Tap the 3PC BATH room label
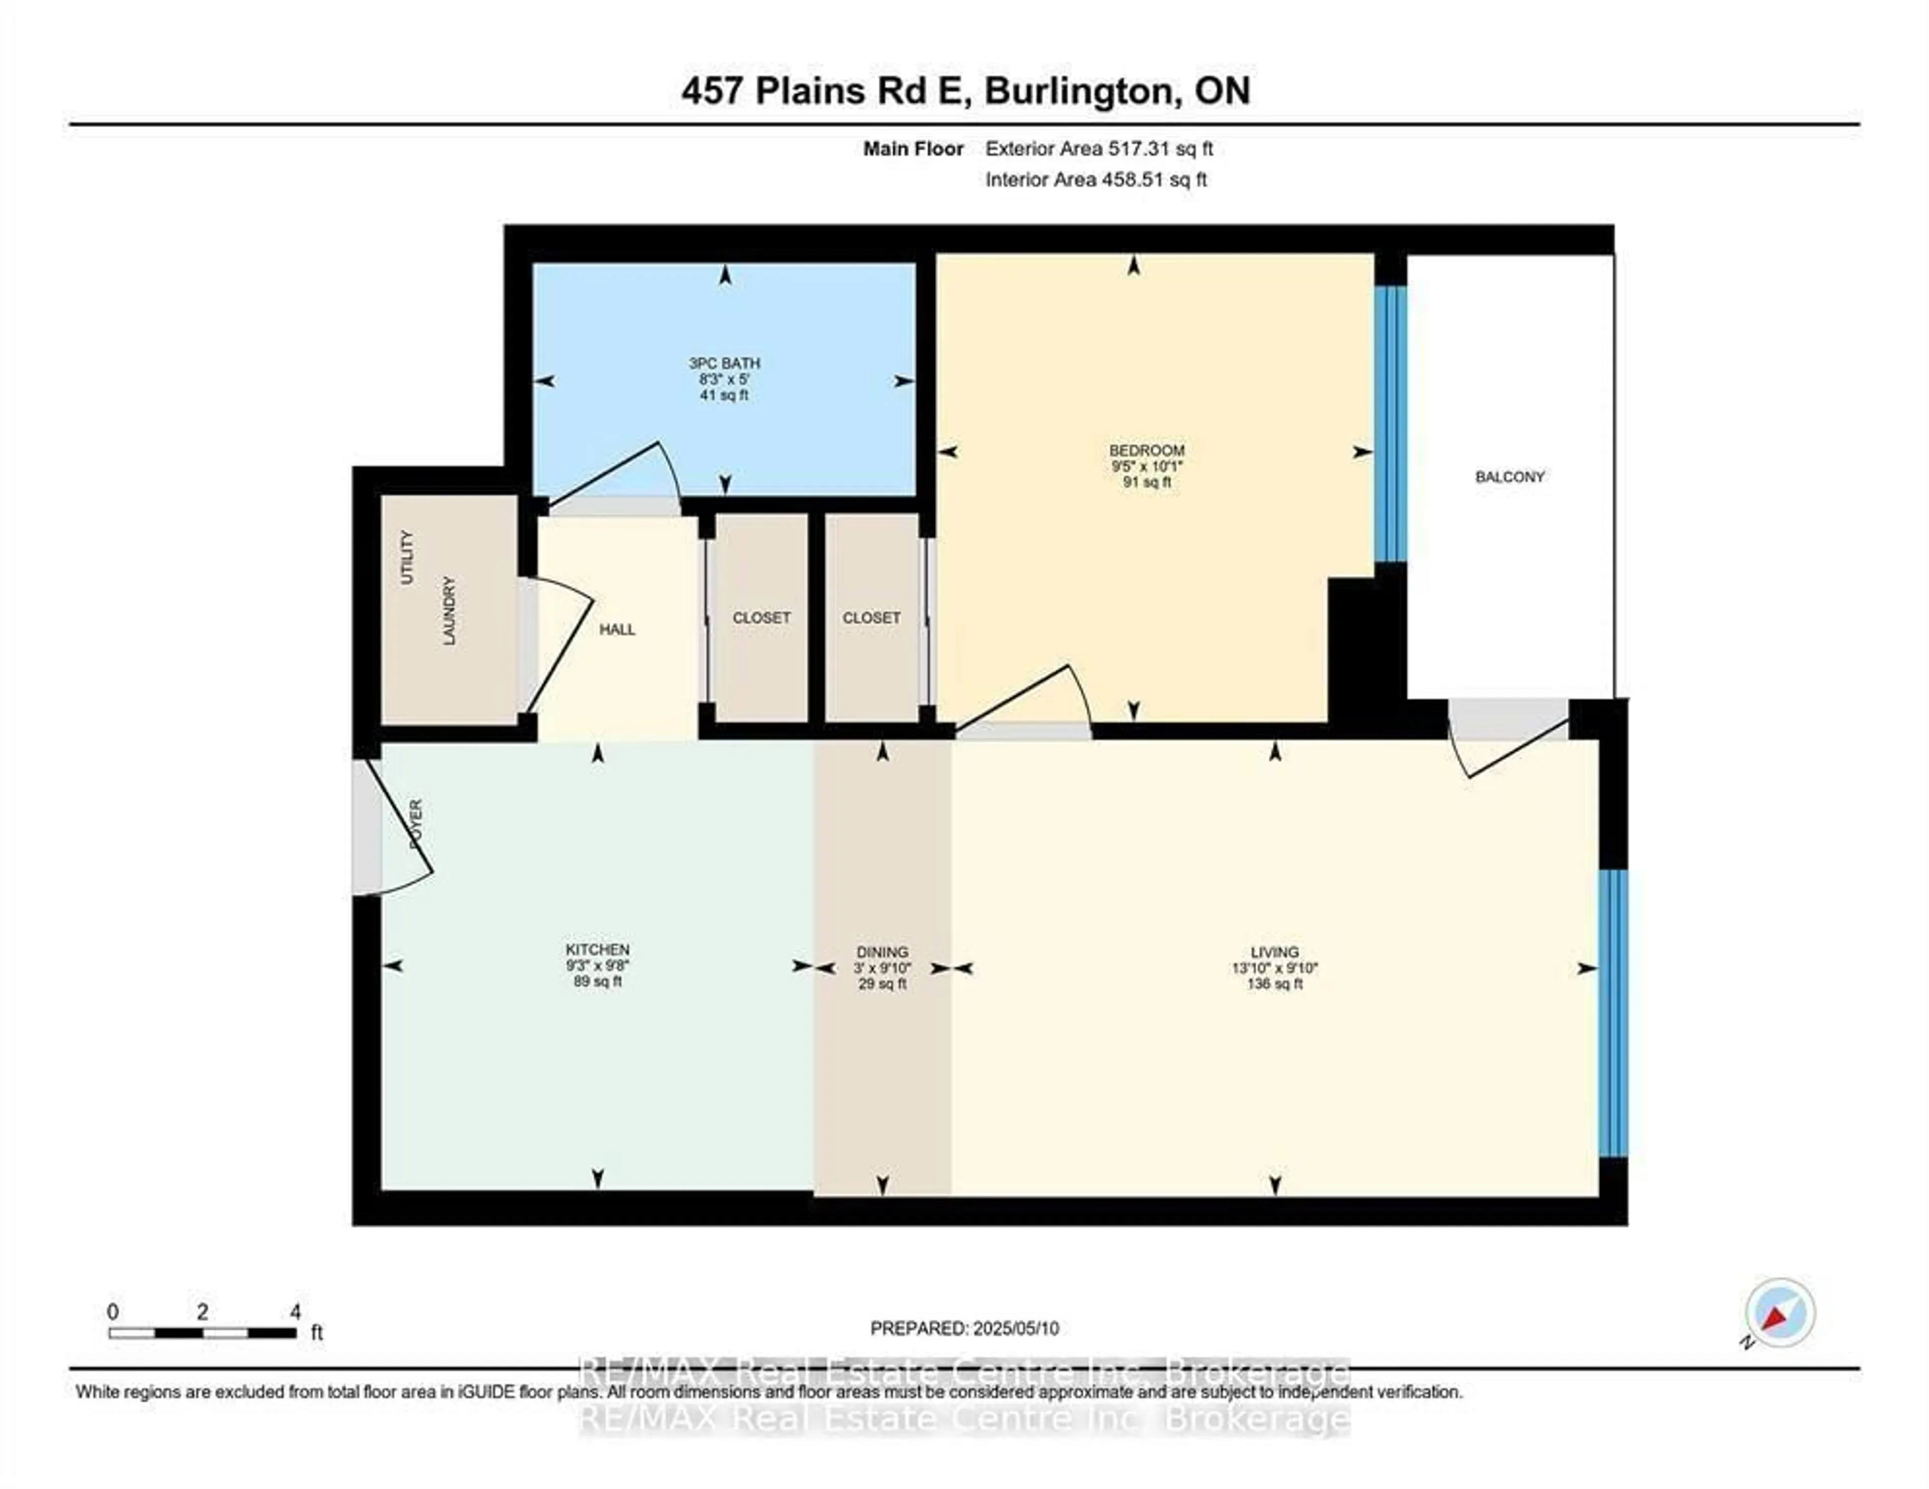[724, 363]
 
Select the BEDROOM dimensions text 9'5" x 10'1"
[1146, 466]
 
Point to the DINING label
[882, 952]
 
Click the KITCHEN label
[598, 950]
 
